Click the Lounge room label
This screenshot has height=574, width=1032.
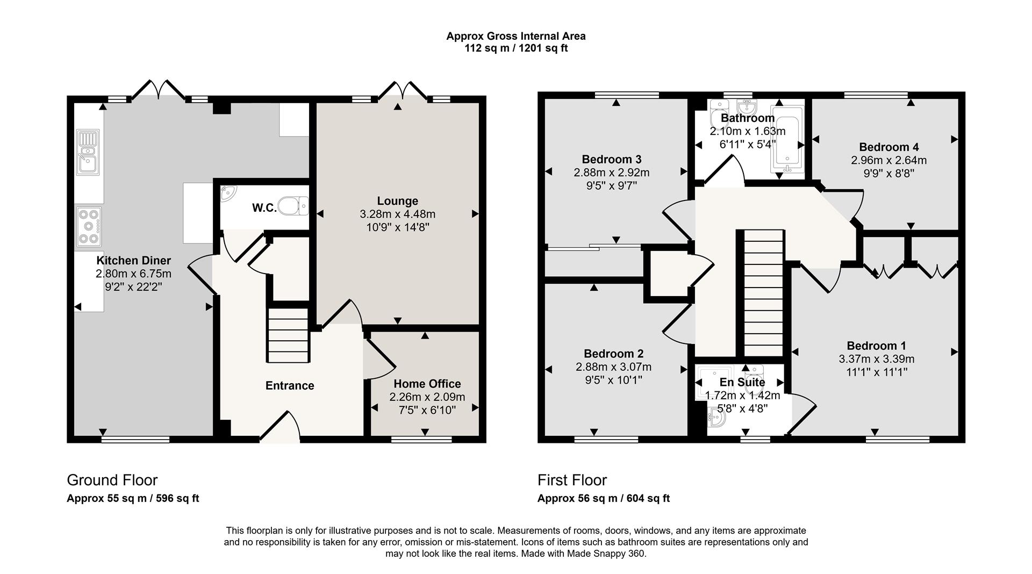coord(397,201)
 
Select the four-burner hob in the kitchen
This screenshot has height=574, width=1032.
coord(89,226)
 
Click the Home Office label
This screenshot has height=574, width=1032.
coord(427,384)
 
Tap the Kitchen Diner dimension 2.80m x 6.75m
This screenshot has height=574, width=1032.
coord(133,274)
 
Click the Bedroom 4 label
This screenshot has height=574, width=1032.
coord(888,147)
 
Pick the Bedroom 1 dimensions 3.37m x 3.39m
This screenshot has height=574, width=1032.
coord(876,359)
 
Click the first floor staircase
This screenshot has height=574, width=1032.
coord(763,293)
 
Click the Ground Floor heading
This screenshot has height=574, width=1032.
coord(112,480)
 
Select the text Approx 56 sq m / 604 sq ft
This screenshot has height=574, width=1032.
coord(603,498)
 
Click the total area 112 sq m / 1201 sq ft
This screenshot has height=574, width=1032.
coord(515,48)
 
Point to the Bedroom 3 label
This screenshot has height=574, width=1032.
coord(611,160)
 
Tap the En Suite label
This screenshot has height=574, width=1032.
coord(742,382)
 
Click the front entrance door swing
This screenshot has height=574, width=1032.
coord(282,428)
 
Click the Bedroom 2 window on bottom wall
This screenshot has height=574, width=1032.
coord(606,440)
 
